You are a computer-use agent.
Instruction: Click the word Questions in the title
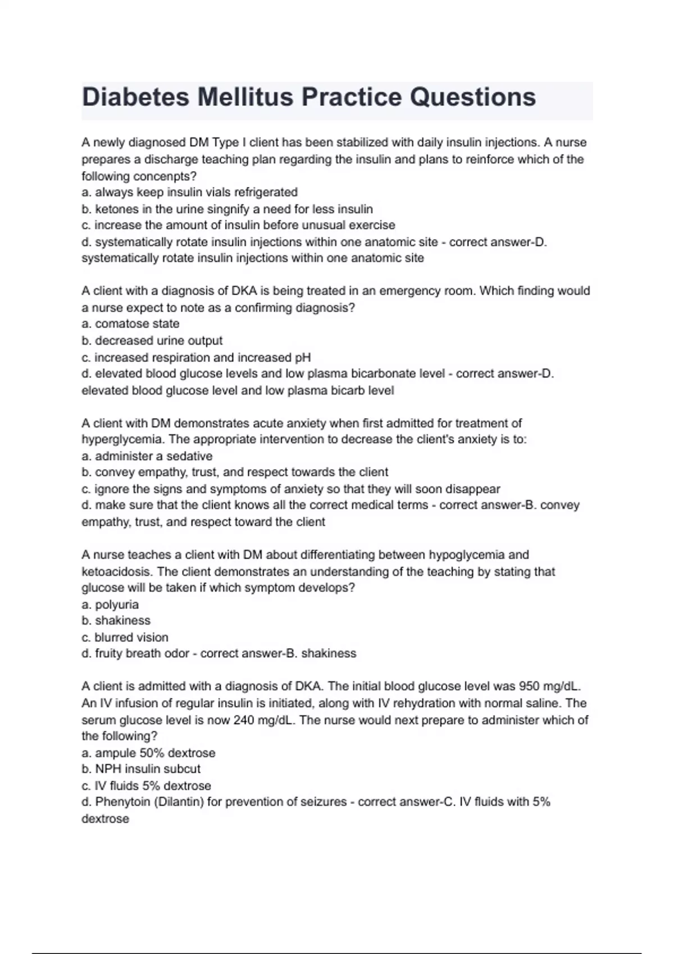coord(472,97)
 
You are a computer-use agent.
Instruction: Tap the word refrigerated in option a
coord(266,192)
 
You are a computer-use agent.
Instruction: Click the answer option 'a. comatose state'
coord(130,324)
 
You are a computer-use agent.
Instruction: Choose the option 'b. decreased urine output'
coord(152,341)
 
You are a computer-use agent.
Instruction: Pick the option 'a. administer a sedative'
coord(147,456)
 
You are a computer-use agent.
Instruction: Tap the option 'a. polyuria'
coord(110,604)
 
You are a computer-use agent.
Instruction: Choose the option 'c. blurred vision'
coord(125,637)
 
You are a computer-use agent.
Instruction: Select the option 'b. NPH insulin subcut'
coord(140,769)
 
